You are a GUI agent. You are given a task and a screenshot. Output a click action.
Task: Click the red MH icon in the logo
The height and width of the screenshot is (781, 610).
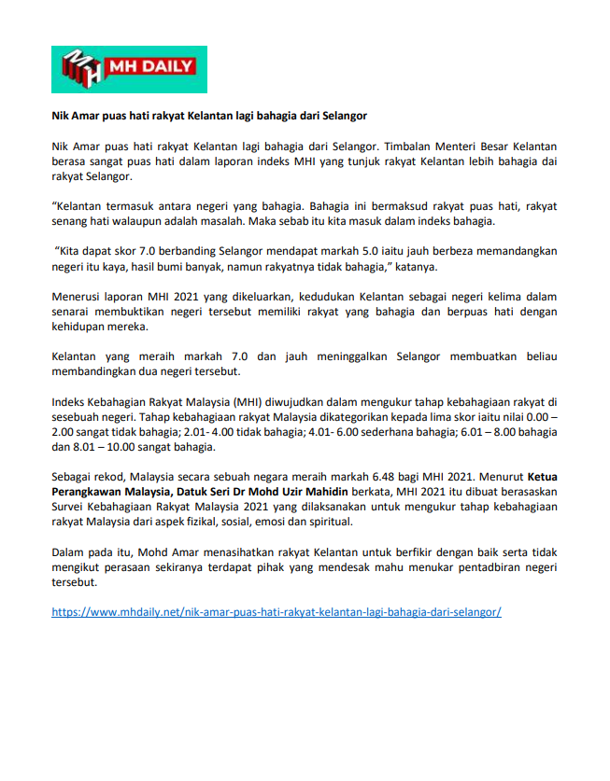(x=81, y=69)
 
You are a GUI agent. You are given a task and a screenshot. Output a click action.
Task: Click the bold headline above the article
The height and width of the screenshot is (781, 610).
(x=209, y=116)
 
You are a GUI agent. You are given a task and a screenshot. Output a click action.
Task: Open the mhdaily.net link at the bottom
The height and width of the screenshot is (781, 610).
(x=277, y=612)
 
